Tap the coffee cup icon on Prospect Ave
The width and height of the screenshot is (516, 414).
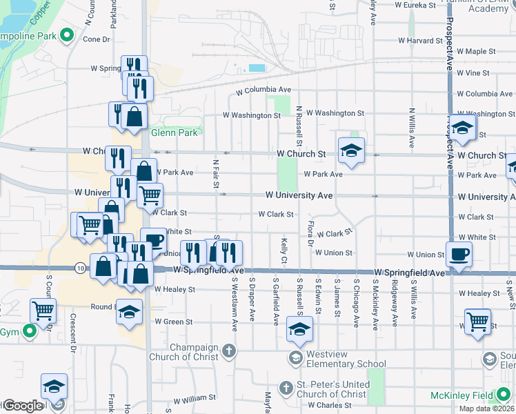459,254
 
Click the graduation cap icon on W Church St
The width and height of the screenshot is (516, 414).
351,151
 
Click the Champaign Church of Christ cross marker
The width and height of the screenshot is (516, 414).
229,351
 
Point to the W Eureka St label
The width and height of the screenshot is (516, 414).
413,5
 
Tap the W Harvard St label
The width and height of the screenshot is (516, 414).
419,41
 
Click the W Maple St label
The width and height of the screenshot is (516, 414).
476,52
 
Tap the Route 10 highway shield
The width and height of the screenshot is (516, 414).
81,268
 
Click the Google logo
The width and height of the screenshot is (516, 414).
23,406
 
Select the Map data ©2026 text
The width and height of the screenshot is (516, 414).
486,408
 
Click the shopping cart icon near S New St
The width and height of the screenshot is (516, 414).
477,321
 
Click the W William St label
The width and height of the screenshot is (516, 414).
195,398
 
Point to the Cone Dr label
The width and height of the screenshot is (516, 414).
96,39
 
